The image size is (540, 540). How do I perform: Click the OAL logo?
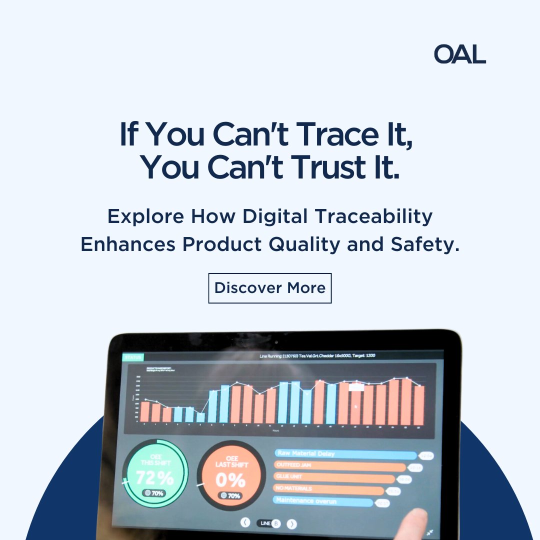point(459,54)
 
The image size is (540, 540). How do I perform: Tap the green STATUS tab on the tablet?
point(133,357)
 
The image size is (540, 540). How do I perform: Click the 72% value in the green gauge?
point(154,478)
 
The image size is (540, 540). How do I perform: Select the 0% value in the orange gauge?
point(230,480)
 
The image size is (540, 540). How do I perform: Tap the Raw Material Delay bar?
point(345,454)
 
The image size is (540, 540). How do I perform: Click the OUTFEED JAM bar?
point(340,466)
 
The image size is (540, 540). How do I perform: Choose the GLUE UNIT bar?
point(335,478)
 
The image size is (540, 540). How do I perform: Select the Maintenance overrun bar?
point(323,501)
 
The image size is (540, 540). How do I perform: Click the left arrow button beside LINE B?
point(245,522)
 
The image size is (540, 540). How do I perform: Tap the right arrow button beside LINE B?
point(292,523)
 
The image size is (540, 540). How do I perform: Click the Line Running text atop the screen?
point(317,356)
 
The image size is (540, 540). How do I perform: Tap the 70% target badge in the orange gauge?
point(230,496)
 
